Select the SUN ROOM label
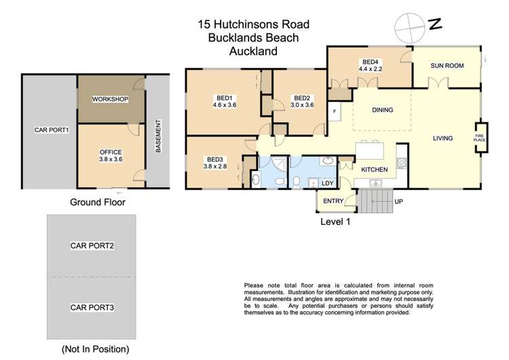click(447, 66)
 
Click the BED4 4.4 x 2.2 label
click(370, 65)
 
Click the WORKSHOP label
click(111, 99)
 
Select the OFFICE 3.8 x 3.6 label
click(110, 156)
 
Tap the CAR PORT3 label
click(92, 308)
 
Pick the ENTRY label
click(333, 200)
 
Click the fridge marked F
click(335, 111)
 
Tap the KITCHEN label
click(373, 168)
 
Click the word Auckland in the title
click(247, 50)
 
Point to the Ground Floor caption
click(98, 202)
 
